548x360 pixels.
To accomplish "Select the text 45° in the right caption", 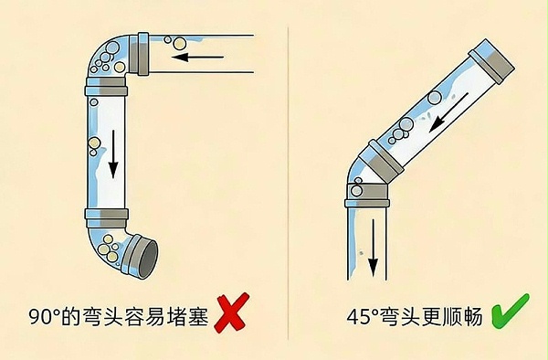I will pos(364,317).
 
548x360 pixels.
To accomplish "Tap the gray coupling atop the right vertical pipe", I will pos(370,196).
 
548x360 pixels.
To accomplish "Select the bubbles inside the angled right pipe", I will pos(398,132).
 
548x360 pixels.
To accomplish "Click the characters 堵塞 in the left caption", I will pos(182,317).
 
